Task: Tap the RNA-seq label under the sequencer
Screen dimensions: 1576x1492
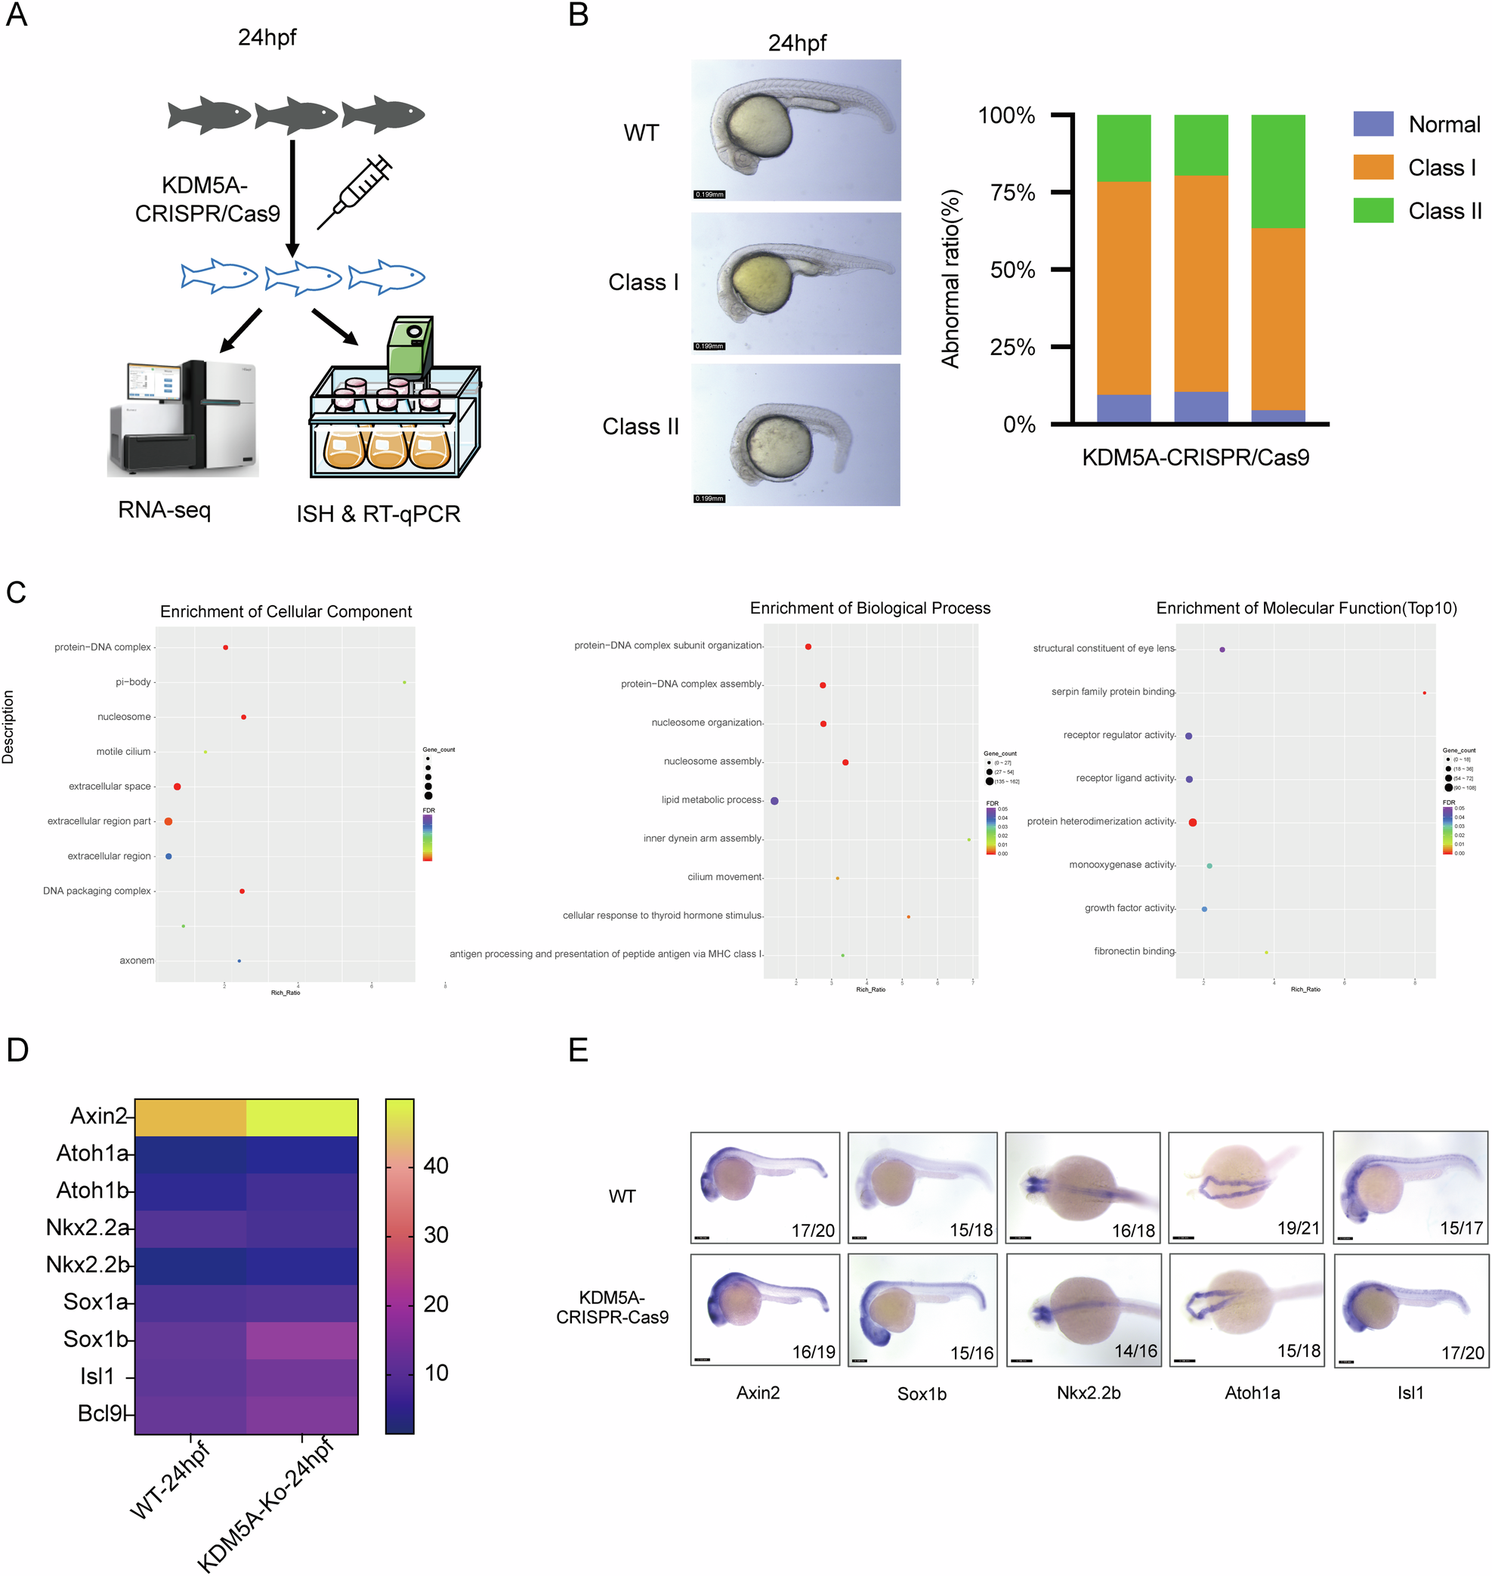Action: click(165, 510)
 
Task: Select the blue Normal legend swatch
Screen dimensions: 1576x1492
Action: click(1373, 124)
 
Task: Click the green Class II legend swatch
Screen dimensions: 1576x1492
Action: click(1373, 211)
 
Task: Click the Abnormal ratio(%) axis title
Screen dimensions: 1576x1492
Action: click(950, 279)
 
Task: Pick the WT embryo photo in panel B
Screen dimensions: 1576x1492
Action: click(795, 130)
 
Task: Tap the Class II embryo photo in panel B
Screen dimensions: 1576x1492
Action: click(795, 434)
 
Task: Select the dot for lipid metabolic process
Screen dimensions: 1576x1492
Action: click(774, 801)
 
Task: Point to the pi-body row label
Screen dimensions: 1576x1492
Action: click(133, 681)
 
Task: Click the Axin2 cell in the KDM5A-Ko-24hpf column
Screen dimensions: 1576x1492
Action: click(302, 1117)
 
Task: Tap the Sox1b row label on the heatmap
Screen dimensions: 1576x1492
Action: click(95, 1339)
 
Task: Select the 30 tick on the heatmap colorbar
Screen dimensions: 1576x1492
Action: click(436, 1235)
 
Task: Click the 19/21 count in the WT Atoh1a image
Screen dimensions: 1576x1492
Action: click(1298, 1228)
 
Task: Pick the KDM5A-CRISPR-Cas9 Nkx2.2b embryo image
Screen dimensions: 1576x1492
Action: click(1083, 1309)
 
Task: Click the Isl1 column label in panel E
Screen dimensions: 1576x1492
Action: click(1410, 1392)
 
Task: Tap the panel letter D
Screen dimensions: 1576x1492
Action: click(17, 1050)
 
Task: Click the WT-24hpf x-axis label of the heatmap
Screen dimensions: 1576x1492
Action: click(171, 1480)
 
